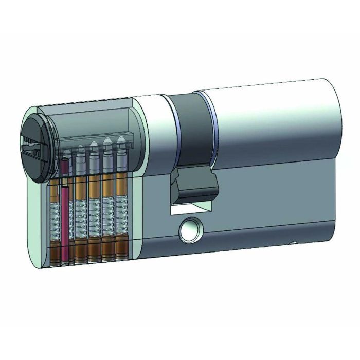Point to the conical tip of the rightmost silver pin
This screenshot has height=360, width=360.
(121, 139)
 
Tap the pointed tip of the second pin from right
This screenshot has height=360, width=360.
(107, 140)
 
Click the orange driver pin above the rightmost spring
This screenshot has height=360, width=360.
(121, 185)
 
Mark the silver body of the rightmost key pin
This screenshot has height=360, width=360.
(121, 157)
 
